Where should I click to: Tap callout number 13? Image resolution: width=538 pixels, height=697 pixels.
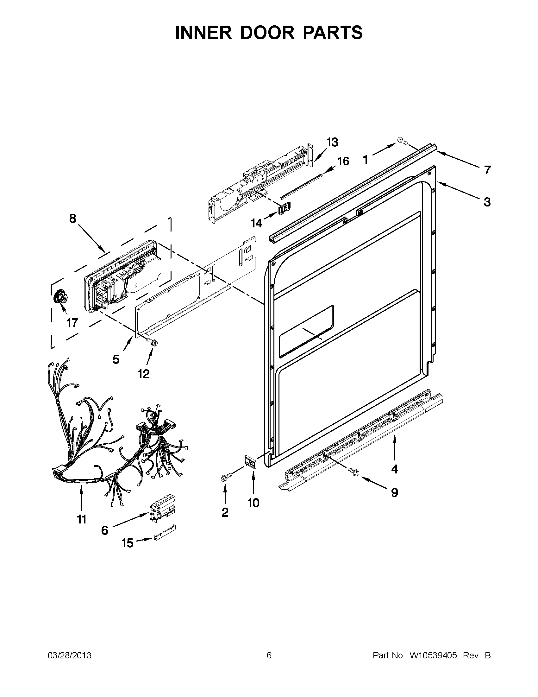coord(332,142)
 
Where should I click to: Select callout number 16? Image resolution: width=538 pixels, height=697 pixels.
coord(343,161)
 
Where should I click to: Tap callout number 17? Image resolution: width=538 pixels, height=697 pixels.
coord(72,323)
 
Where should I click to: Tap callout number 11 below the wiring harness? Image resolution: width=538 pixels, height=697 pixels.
coord(82,520)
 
